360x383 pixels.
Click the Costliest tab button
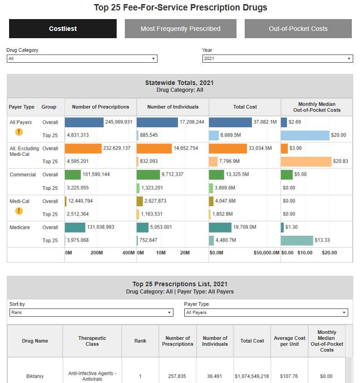63,29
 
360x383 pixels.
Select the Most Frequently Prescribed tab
180,29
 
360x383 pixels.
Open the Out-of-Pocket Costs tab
298,29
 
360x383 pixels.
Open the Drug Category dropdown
82,59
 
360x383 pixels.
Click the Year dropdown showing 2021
277,59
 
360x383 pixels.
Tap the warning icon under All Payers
19,132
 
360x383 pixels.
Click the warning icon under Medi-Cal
19,211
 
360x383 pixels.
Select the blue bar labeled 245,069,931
84,122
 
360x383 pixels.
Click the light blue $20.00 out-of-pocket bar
305,135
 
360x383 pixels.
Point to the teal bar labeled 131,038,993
75,227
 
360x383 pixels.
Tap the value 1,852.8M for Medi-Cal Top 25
222,214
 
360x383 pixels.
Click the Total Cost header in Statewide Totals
245,107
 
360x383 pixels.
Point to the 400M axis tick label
129,253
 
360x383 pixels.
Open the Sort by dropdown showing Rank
91,313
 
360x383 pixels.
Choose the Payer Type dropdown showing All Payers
266,313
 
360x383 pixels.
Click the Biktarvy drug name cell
35,376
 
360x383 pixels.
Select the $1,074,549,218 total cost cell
252,376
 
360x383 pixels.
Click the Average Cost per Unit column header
289,341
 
